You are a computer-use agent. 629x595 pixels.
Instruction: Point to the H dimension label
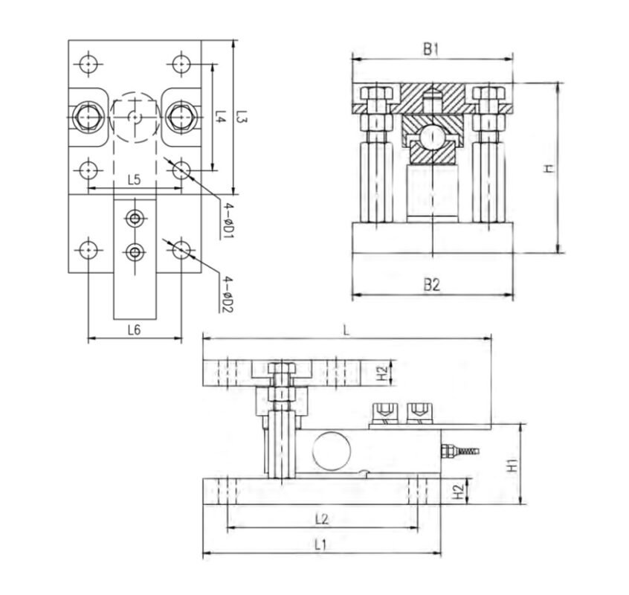click(548, 168)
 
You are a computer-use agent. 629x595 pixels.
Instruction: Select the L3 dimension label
click(242, 116)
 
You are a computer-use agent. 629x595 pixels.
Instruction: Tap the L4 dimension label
click(220, 116)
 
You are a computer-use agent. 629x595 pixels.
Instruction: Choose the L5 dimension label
click(135, 179)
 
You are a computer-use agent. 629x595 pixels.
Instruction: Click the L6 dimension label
click(135, 330)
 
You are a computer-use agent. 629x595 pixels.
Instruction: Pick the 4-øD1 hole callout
click(229, 219)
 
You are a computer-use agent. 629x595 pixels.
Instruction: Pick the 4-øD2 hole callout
click(229, 291)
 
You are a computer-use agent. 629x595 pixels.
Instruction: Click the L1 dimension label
click(320, 544)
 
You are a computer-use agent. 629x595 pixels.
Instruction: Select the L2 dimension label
click(320, 516)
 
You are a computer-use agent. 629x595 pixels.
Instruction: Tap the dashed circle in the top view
click(135, 117)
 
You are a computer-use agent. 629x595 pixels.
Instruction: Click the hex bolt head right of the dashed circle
click(181, 117)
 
